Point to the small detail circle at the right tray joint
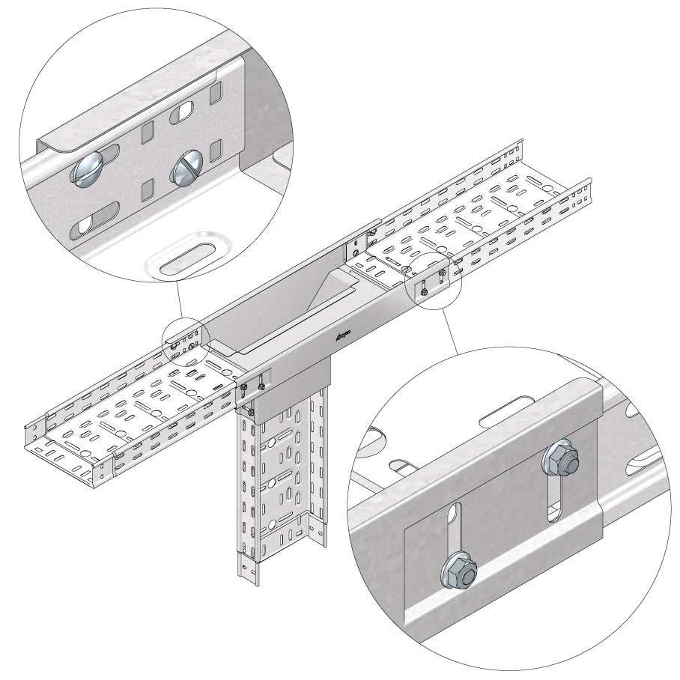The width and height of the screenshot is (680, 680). (x=433, y=279)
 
